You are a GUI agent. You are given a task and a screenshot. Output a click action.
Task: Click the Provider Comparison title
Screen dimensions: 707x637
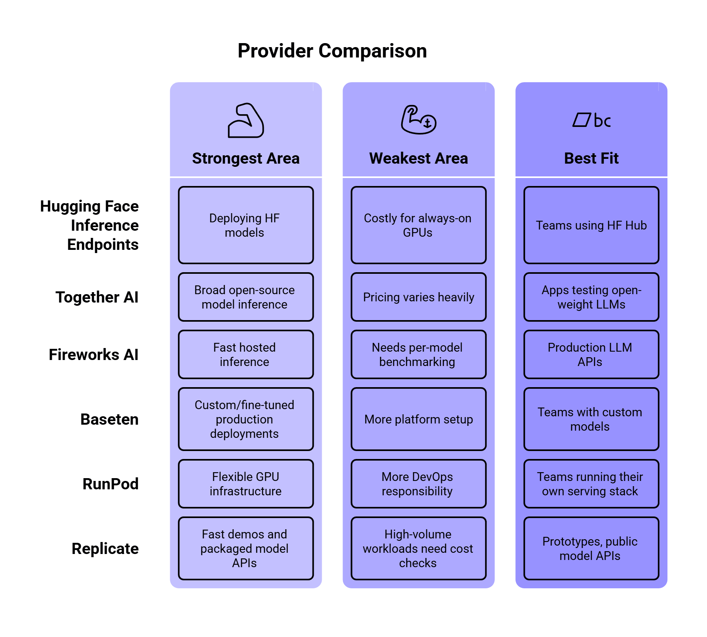[332, 51]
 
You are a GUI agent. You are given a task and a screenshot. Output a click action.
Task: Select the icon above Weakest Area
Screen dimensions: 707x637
[418, 120]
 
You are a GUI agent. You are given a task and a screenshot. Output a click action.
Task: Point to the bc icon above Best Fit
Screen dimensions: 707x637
[591, 120]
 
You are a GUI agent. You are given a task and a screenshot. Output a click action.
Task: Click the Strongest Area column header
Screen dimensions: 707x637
[246, 158]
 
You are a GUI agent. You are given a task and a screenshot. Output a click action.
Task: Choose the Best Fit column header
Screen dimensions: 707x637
[591, 158]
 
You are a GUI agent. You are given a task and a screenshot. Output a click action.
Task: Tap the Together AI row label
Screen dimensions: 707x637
[97, 297]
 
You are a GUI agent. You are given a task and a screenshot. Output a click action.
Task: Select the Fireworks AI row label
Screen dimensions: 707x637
[94, 355]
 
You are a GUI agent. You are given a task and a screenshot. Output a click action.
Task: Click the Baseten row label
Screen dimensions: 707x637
[110, 419]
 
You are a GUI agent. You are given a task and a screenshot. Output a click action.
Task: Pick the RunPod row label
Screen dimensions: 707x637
[111, 484]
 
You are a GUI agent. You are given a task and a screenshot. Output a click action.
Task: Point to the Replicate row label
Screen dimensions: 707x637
[105, 549]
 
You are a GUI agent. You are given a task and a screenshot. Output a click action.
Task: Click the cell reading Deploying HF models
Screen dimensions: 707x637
[246, 225]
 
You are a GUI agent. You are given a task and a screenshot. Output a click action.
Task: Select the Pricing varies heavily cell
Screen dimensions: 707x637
[418, 297]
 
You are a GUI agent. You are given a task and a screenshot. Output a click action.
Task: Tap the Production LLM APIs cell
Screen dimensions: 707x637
[591, 354]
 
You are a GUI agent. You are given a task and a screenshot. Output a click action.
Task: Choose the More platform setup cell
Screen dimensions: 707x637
[418, 419]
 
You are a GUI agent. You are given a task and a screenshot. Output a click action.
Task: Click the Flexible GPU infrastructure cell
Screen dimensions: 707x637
[246, 484]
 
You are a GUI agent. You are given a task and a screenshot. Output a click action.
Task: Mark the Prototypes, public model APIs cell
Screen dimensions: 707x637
[591, 548]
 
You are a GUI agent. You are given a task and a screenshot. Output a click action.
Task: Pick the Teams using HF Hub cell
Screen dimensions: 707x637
[591, 225]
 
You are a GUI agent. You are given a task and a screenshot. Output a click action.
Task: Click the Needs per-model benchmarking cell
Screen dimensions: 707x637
[418, 354]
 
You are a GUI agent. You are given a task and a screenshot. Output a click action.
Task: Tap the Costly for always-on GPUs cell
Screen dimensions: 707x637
[418, 225]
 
